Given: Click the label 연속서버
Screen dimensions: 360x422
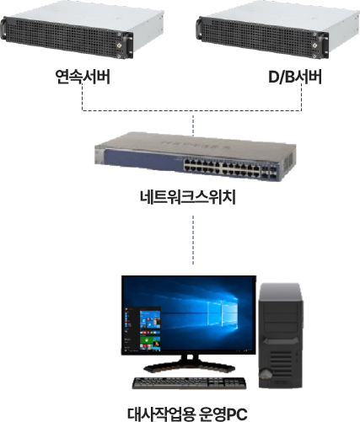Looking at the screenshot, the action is click(x=83, y=77).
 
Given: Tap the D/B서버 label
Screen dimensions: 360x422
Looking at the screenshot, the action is click(x=295, y=77).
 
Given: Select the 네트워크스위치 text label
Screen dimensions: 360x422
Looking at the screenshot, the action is click(x=188, y=197).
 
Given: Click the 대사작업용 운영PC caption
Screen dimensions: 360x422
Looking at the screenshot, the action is click(x=187, y=414).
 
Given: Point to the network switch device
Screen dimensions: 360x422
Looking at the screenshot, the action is click(x=196, y=158).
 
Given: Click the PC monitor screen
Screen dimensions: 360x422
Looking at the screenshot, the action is click(x=189, y=315).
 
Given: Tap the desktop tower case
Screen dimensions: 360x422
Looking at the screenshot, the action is click(x=281, y=336).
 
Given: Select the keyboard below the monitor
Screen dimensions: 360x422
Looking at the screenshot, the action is click(x=189, y=383).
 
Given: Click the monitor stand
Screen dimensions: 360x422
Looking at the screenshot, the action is click(x=189, y=364).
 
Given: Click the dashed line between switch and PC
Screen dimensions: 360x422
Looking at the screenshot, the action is click(x=193, y=240).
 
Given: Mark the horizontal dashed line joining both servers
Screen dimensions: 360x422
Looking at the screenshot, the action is click(x=191, y=110).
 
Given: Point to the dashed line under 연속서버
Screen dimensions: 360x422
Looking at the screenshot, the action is click(x=83, y=97).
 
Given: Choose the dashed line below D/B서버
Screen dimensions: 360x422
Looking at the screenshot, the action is click(x=302, y=97).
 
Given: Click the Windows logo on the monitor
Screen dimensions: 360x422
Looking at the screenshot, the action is click(x=223, y=312).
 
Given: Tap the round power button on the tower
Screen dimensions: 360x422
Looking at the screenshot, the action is click(x=266, y=374).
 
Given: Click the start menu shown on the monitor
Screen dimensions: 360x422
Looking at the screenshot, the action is click(x=142, y=329).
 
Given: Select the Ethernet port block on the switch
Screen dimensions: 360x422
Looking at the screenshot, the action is click(x=222, y=168).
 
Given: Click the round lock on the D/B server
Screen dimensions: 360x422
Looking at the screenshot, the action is click(x=314, y=45).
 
